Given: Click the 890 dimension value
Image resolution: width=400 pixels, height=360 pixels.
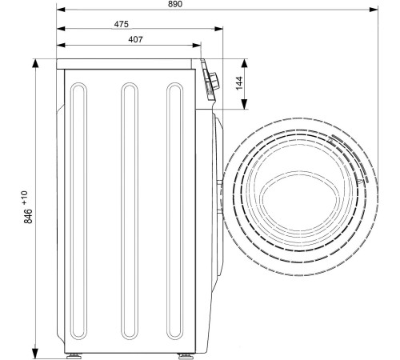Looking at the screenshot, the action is point(175,4).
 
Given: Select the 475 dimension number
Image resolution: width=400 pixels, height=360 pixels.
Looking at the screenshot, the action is point(122,24).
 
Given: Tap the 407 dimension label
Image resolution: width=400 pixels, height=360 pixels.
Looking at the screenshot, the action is point(135,39).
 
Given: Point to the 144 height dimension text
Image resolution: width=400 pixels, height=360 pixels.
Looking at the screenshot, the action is point(239,83).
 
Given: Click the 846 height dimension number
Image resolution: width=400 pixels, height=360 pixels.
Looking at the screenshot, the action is point(28,216).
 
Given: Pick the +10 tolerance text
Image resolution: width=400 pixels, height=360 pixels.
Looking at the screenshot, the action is point(25,198).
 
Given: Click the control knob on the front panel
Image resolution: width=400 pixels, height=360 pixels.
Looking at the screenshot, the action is point(214,81).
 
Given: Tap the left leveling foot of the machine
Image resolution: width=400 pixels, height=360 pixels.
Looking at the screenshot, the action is point(74,356).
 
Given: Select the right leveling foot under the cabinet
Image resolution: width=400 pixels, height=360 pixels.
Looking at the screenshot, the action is point(186,356).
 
